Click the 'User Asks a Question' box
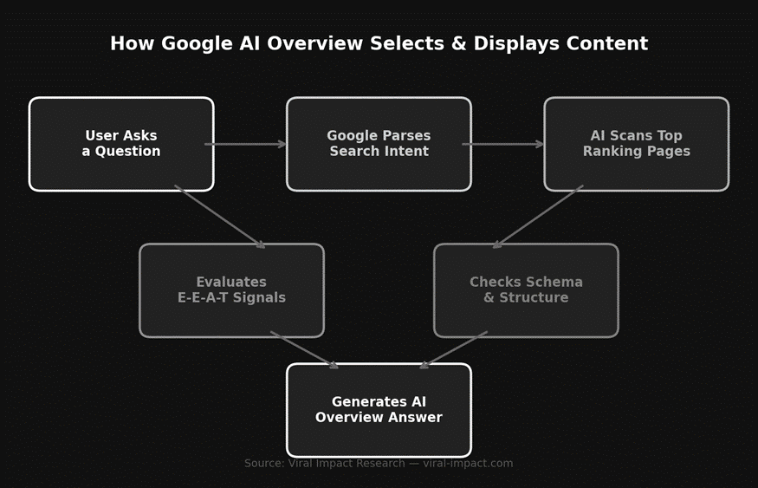click(x=121, y=144)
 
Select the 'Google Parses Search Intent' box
click(x=379, y=144)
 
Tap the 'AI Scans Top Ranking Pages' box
click(x=636, y=144)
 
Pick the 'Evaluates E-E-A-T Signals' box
click(x=231, y=290)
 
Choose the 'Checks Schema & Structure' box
click(x=526, y=290)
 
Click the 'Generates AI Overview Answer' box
click(x=379, y=410)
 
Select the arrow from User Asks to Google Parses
click(x=246, y=144)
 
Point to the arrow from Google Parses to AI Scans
click(x=503, y=144)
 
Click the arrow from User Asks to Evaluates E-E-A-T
click(x=220, y=217)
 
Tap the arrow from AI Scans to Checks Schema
click(x=538, y=217)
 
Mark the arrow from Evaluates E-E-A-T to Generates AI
click(x=304, y=350)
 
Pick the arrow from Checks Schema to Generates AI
click(x=453, y=350)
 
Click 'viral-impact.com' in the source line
click(x=468, y=464)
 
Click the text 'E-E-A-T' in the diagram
click(x=207, y=298)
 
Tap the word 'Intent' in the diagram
click(x=405, y=152)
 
